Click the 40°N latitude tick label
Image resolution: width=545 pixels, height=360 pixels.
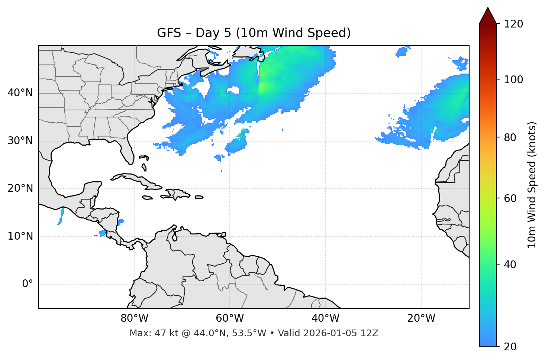pos(20,93)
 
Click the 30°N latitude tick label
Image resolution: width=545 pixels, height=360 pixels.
pos(20,141)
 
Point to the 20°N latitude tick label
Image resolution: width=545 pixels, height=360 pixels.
pos(20,188)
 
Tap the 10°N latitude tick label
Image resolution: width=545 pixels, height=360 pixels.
pos(20,236)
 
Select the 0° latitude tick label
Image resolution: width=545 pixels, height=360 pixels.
pos(28,284)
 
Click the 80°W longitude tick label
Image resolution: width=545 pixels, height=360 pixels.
pos(134,318)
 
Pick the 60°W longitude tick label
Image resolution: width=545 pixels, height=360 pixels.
pos(230,318)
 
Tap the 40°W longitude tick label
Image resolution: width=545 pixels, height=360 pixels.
pos(325,318)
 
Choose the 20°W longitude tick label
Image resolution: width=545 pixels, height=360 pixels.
pos(421,318)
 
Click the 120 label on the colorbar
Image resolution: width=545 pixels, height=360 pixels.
pos(513,24)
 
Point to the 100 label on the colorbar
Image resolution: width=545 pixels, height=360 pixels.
pos(513,80)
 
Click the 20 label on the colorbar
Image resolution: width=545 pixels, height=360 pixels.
pos(510,347)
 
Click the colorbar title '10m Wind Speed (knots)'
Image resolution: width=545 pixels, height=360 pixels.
pos(532,185)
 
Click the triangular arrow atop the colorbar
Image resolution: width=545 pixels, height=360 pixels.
pos(488,16)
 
